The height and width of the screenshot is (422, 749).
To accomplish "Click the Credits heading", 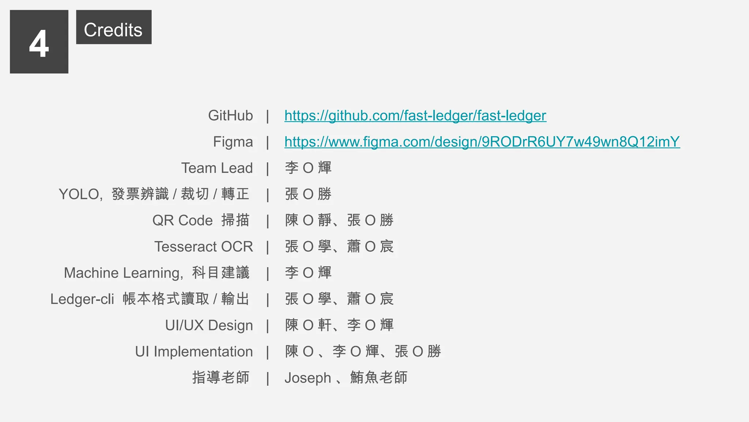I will [x=113, y=30].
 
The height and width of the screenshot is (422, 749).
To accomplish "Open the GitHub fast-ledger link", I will [x=415, y=116].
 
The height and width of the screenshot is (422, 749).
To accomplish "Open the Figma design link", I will [x=482, y=142].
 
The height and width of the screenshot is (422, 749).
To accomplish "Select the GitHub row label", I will [x=230, y=116].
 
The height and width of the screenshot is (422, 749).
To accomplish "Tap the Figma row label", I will [x=233, y=142].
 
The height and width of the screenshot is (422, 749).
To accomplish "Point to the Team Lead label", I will [x=217, y=168].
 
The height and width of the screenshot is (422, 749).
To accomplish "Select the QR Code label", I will [x=182, y=221].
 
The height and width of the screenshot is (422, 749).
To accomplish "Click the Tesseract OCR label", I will [x=203, y=247].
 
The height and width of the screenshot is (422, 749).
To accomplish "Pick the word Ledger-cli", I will [x=82, y=299].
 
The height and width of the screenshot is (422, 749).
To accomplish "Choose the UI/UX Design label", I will [x=209, y=325].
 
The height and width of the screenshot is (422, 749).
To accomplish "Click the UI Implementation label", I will [x=194, y=352].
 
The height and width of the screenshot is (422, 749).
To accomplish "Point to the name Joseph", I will [x=308, y=378].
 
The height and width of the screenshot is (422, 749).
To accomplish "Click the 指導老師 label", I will [x=221, y=378].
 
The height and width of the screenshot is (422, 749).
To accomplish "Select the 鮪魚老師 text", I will [x=379, y=378].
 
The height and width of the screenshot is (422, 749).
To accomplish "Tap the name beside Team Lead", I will [x=308, y=168].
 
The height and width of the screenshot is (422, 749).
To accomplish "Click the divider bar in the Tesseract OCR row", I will [x=268, y=247].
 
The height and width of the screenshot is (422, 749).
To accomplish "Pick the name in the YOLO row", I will [x=308, y=194].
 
